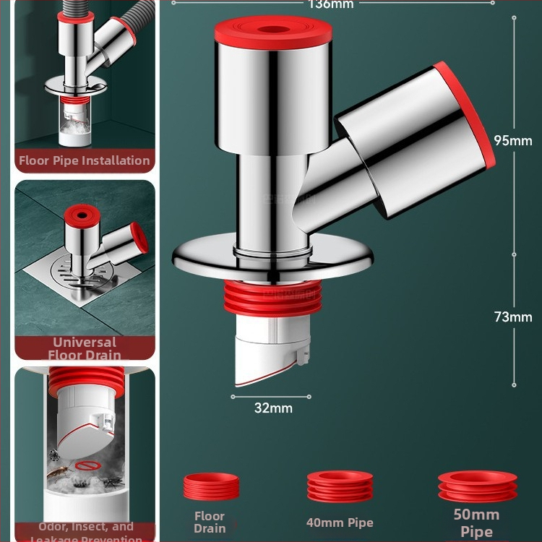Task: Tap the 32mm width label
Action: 273,408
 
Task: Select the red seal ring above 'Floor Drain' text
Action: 210,487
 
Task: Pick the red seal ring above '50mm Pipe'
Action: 477,486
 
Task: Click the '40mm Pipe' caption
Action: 340,522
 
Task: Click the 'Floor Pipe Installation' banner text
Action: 85,160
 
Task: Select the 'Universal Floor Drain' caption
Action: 85,348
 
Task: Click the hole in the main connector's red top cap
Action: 273,32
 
